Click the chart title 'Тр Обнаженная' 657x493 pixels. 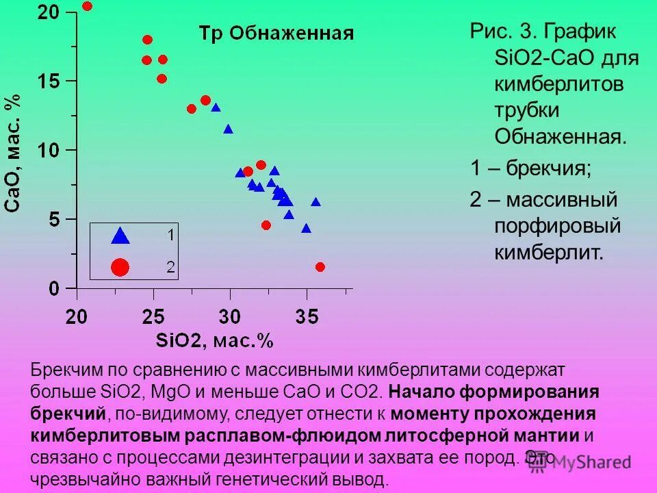pos(276,33)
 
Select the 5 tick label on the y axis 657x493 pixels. pos(53,219)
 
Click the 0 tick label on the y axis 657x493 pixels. pos(53,288)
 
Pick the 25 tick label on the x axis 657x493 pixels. pos(153,316)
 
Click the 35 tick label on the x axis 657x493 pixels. pos(307,316)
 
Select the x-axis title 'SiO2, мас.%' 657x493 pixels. pos(214,340)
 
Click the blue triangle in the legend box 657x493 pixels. pos(120,236)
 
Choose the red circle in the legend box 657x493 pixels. pos(120,267)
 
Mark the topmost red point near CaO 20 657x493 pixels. pos(87,6)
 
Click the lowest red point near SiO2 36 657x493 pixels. pos(320,267)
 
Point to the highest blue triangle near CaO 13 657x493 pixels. pos(216,108)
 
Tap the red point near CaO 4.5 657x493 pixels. pos(266,225)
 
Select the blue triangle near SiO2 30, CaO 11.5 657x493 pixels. pos(228,129)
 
